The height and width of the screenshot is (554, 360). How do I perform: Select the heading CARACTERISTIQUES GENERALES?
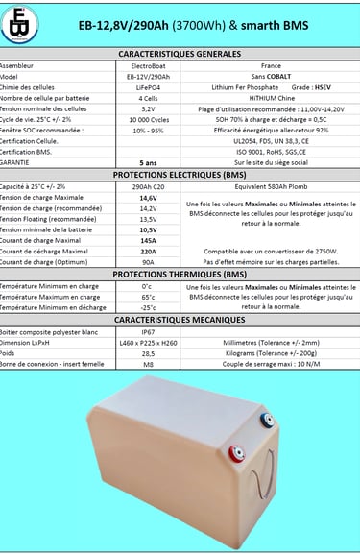(180, 55)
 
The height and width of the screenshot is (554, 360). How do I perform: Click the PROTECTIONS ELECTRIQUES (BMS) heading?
(180, 175)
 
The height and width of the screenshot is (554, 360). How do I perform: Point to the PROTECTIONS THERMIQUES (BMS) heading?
(180, 274)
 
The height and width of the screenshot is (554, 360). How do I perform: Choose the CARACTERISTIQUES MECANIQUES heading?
(180, 319)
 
